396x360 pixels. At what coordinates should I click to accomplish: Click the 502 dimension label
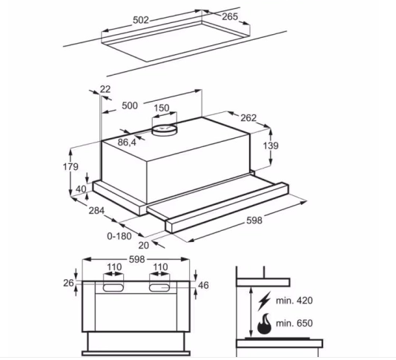(141, 20)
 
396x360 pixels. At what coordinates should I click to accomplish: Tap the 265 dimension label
(230, 16)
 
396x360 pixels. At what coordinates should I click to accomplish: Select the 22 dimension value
(105, 89)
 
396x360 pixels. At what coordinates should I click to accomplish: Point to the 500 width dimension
(130, 105)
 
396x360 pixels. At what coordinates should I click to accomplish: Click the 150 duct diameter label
(162, 108)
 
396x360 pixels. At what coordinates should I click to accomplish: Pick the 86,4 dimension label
(127, 143)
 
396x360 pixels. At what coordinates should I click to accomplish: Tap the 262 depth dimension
(248, 118)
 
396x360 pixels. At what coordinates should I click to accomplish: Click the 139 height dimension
(271, 145)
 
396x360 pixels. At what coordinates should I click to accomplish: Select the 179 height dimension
(70, 166)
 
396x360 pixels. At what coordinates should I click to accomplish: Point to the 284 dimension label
(96, 210)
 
